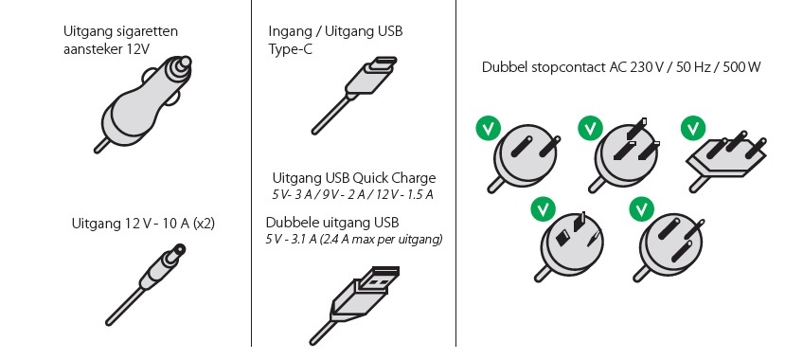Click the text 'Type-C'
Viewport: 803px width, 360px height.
pos(290,50)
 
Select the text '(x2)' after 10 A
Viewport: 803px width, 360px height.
pos(204,224)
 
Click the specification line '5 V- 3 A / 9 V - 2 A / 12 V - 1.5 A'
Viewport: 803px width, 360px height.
pos(352,194)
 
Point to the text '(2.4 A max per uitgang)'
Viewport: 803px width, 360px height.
pos(381,240)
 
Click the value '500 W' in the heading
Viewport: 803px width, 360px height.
pos(741,67)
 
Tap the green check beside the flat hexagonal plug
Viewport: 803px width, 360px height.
pos(693,128)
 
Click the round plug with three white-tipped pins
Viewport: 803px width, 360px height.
pos(624,154)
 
